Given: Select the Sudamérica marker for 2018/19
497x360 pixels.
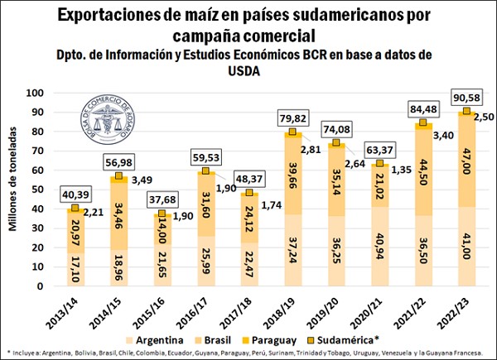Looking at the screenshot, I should pyautogui.click(x=292, y=132).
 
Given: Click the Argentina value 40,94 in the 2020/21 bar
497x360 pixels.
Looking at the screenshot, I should pyautogui.click(x=380, y=247).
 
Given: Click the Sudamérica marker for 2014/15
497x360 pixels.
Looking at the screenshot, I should pyautogui.click(x=120, y=176).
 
